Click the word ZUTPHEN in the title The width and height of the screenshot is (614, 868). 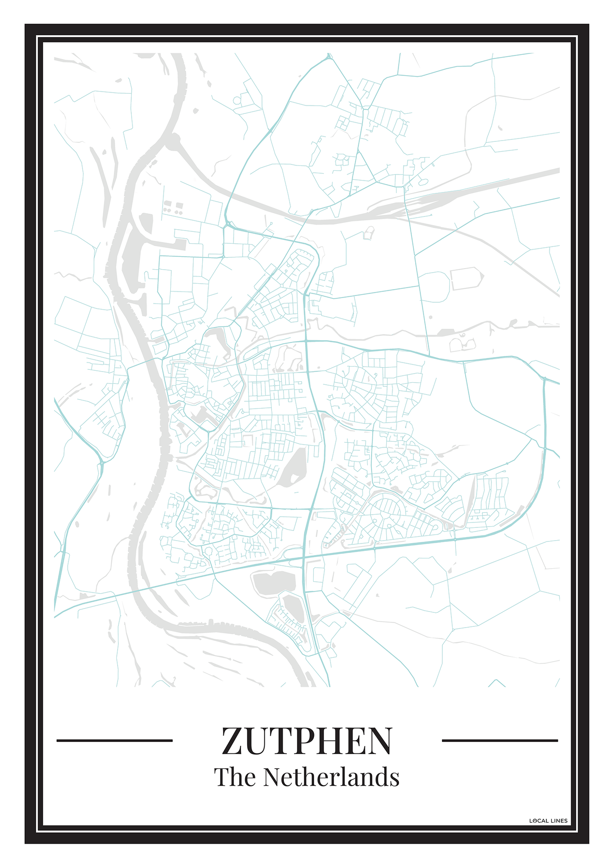(306, 741)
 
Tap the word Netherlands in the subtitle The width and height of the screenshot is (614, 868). (331, 778)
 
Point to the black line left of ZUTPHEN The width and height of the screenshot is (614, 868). (114, 741)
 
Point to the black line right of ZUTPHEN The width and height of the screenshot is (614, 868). (500, 741)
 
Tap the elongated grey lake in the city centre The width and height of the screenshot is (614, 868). (294, 467)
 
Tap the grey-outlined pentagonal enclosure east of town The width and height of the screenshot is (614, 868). (467, 278)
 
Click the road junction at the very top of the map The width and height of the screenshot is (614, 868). (328, 56)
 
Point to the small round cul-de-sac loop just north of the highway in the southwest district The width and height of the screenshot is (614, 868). (208, 551)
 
